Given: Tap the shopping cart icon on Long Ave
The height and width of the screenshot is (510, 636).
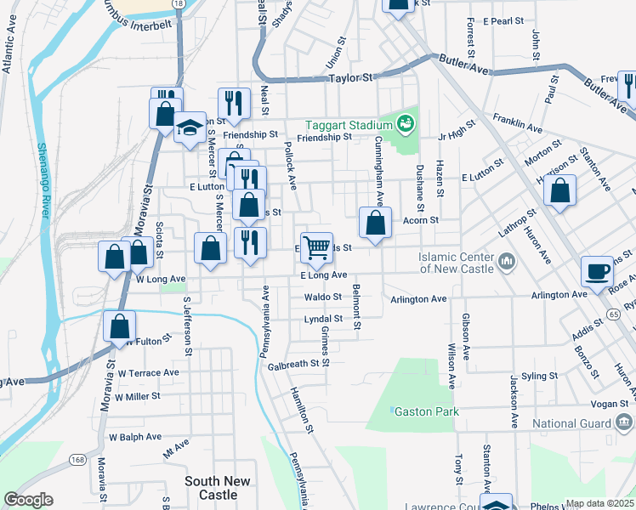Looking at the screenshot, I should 316,248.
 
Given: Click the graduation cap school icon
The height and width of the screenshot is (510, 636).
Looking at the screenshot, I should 190,128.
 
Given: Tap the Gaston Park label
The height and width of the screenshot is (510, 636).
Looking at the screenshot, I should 425,411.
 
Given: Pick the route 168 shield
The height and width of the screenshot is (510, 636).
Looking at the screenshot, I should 78,460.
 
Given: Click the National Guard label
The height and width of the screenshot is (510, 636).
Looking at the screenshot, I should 571,422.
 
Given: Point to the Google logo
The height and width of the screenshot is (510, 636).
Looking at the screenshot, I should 29,500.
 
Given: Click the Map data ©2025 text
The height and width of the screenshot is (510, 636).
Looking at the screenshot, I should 599,503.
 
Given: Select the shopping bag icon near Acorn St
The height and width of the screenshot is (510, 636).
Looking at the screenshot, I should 374,224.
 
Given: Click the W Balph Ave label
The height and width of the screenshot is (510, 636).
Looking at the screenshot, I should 134,437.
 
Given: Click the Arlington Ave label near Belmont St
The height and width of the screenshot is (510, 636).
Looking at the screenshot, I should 418,299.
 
